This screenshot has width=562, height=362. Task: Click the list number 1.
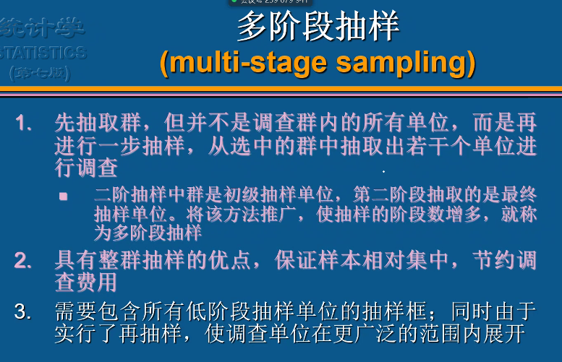tap(25, 124)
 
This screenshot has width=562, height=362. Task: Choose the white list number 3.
tap(25, 312)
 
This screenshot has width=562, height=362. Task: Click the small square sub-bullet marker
tap(64, 196)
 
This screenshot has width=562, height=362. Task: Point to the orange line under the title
tap(281, 90)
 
